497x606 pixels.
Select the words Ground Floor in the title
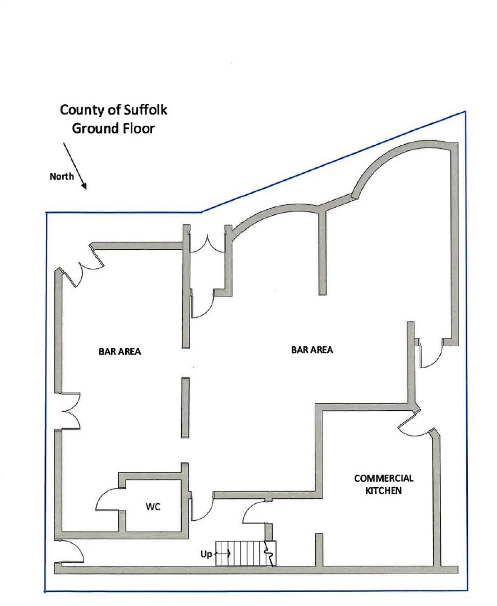(113, 128)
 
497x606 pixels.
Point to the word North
(62, 176)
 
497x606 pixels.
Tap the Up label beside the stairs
(206, 554)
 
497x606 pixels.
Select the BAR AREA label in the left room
(119, 352)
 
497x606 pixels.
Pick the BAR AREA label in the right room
(312, 350)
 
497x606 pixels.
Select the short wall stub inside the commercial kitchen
(319, 549)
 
